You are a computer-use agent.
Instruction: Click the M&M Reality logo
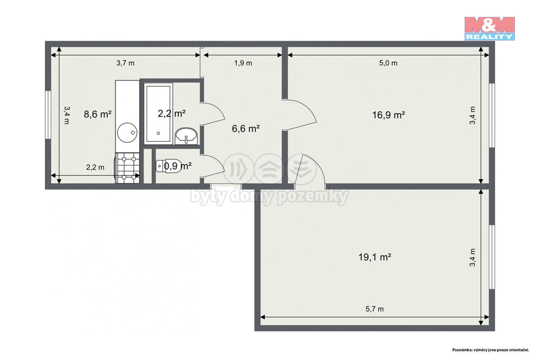(489, 28)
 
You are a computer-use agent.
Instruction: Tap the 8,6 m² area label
(98, 114)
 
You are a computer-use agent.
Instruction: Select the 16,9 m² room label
(388, 114)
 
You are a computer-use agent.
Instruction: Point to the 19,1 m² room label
(374, 257)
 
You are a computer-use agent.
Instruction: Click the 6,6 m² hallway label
(246, 129)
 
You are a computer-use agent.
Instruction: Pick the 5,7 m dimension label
(374, 309)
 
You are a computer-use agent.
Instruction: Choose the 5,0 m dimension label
(388, 63)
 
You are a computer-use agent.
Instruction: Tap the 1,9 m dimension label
(243, 63)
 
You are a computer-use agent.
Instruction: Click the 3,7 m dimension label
(126, 63)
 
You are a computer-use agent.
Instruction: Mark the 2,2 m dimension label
(95, 167)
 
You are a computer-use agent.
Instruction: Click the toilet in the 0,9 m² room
(166, 166)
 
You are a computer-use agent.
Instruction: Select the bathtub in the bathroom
(158, 113)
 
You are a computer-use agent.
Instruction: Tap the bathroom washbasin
(186, 135)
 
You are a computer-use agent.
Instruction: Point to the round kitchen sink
(127, 132)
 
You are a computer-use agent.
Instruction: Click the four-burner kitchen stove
(128, 168)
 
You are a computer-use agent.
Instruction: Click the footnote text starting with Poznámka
(490, 349)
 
